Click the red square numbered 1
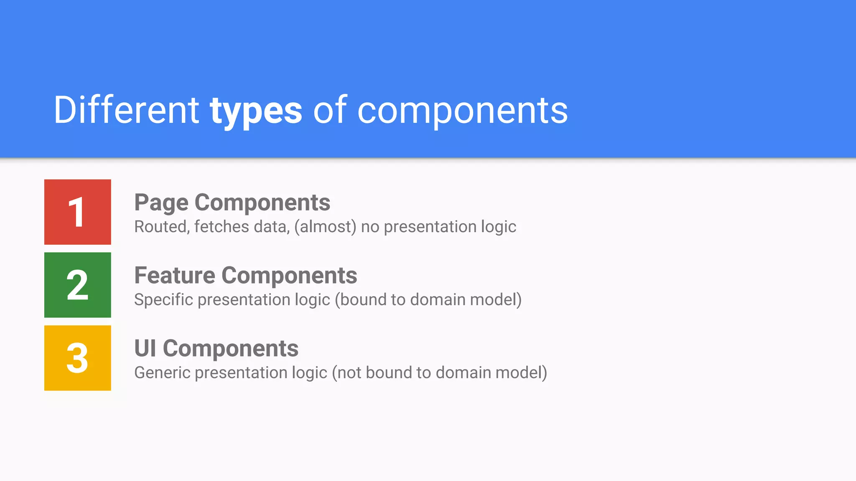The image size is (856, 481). click(x=77, y=212)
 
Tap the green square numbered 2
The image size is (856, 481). click(x=77, y=285)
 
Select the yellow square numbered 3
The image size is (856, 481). click(x=77, y=358)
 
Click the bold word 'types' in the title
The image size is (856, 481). click(x=256, y=111)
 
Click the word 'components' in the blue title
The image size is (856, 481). click(x=462, y=111)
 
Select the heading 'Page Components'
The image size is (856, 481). click(x=232, y=203)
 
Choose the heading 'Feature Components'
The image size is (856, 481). click(x=245, y=276)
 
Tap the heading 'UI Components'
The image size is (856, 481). click(x=216, y=349)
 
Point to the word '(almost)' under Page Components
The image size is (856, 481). click(x=325, y=227)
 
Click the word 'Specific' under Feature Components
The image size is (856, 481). click(x=163, y=300)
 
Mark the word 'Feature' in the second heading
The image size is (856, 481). click(x=175, y=276)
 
